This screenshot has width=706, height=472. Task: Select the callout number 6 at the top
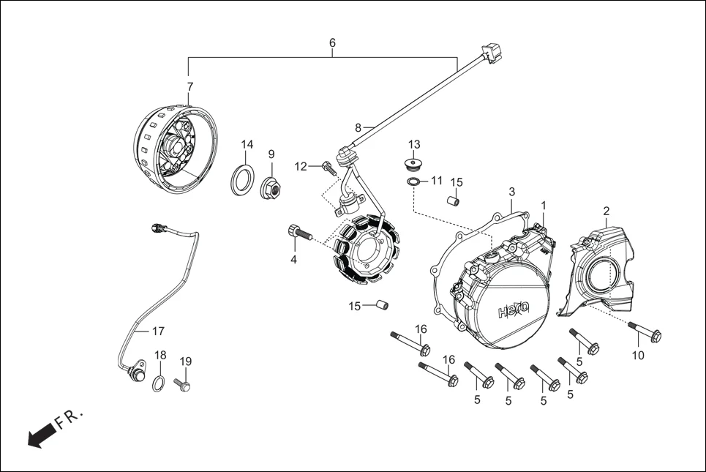point(332,43)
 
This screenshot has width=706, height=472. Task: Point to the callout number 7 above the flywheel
point(190,86)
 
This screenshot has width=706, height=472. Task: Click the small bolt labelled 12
point(329,169)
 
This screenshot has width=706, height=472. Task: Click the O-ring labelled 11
point(414,181)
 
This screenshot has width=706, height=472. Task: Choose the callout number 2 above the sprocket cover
point(607,211)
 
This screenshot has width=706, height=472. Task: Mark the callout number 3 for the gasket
point(511,192)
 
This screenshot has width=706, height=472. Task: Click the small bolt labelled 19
point(182,383)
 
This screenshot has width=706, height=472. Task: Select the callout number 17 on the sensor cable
point(158,331)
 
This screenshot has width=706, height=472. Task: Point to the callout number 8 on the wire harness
point(358,127)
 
